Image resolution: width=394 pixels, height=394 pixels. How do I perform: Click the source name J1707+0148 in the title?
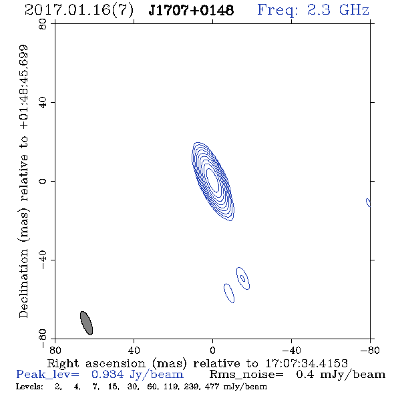click(191, 11)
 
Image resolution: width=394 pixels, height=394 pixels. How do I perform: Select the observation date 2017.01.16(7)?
click(79, 11)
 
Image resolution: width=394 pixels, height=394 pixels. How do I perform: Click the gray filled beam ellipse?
click(86, 323)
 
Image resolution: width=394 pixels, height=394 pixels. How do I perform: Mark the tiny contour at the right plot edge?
click(368, 202)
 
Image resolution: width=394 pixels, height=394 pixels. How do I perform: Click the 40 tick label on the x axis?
click(134, 351)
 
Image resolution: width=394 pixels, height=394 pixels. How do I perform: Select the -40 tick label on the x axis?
click(291, 351)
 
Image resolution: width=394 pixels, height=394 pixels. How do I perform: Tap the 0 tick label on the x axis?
click(212, 351)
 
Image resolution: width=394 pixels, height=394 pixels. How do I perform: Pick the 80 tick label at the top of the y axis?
click(43, 24)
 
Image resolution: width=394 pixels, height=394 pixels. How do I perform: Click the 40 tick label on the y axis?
click(43, 103)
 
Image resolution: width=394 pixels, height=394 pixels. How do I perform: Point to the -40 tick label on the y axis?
click(43, 260)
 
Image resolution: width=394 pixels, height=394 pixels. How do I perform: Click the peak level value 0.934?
click(108, 375)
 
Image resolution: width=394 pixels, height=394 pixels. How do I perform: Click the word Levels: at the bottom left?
click(29, 386)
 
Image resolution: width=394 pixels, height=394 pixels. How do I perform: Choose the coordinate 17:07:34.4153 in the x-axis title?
click(307, 363)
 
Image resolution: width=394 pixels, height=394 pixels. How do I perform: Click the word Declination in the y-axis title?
click(23, 283)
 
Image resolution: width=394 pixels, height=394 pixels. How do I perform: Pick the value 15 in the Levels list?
click(112, 387)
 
